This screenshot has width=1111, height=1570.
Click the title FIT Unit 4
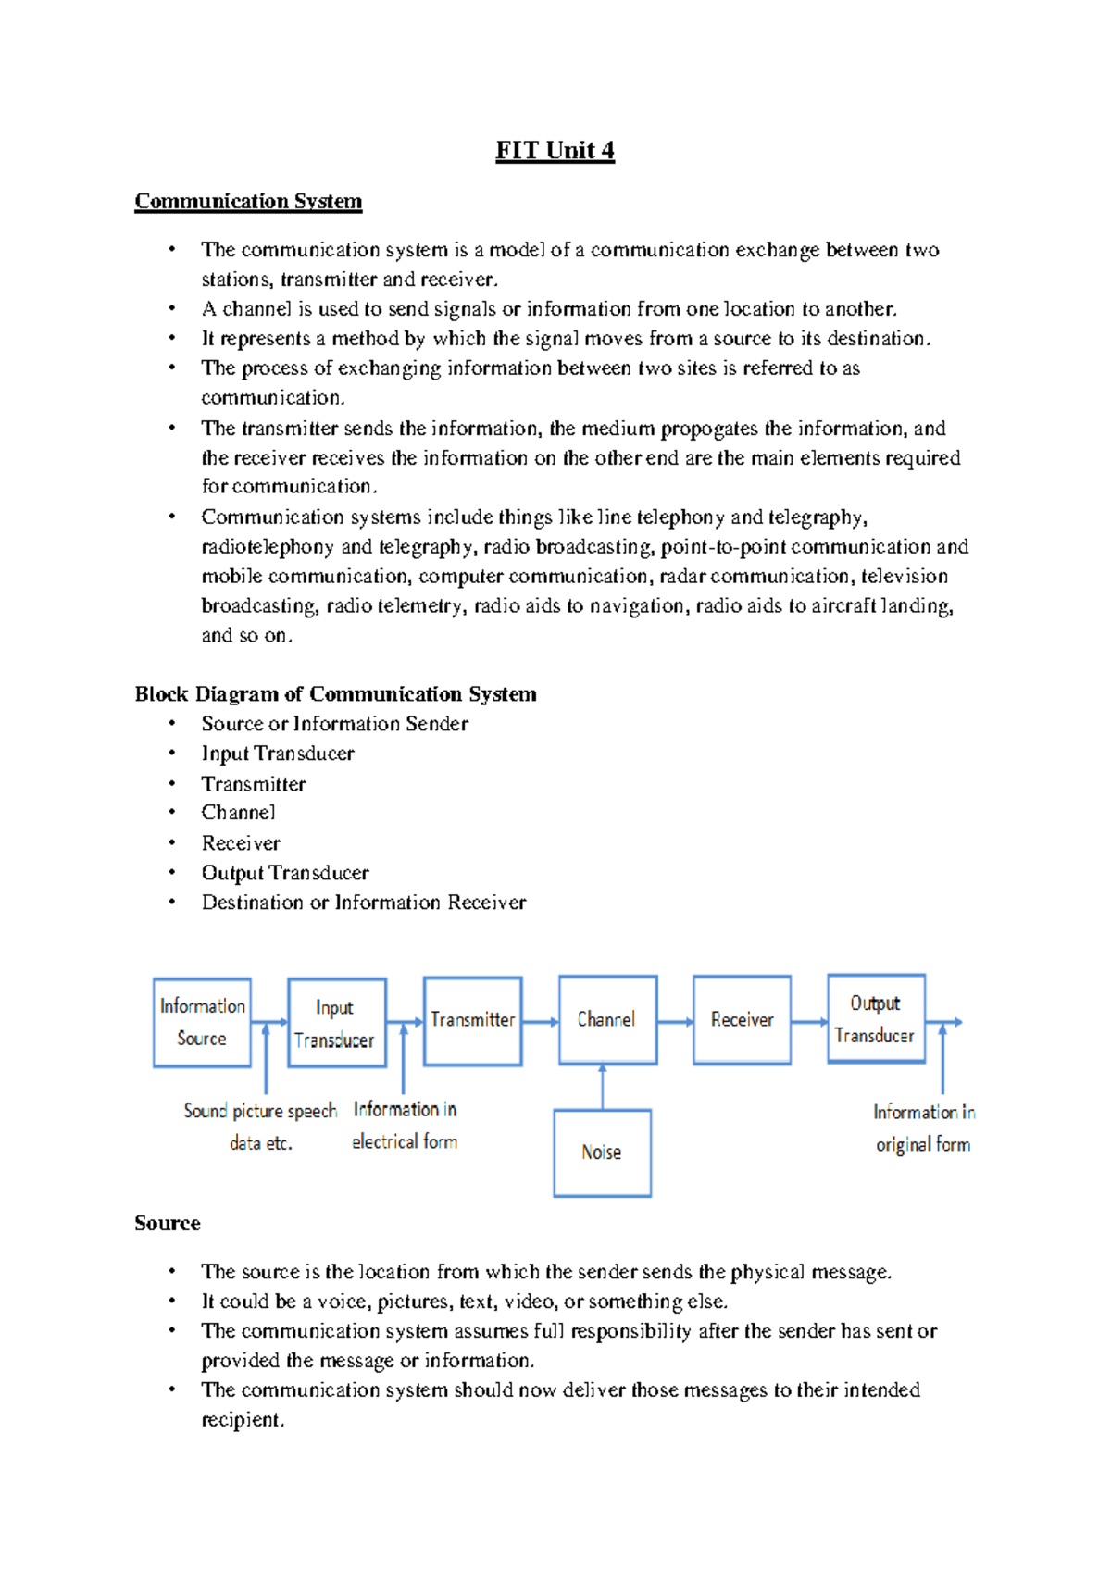coord(555,150)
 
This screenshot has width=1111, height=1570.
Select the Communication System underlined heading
coord(248,201)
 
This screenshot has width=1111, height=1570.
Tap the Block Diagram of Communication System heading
coord(335,693)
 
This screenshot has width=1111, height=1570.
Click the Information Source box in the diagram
coord(202,1022)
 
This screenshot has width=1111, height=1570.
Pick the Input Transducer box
coord(336,1023)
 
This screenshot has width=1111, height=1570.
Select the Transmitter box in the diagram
coord(472,1020)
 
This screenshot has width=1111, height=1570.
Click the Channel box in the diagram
coord(607,1019)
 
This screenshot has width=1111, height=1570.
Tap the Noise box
coord(602,1153)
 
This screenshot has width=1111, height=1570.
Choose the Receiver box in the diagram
coord(742,1019)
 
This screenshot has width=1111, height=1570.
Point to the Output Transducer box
coord(876,1018)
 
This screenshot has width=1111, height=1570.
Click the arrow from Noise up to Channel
coord(603,1087)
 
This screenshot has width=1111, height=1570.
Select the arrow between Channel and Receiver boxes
coord(675,1022)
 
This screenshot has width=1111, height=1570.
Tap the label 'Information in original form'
coord(923,1128)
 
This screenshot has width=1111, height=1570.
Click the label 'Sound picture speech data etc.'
coord(260,1126)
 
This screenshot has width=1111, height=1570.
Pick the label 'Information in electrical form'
coord(405,1125)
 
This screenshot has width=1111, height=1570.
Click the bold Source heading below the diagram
coord(168,1223)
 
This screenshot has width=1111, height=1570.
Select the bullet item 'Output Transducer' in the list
coord(285,873)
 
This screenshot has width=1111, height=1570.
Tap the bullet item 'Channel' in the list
coord(238,813)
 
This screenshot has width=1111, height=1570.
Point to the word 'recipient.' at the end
coord(243,1419)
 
